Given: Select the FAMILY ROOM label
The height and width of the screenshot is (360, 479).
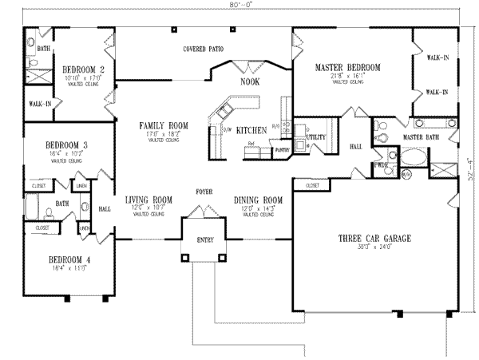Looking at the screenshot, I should tap(162, 126).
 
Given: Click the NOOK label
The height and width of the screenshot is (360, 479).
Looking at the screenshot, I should tap(249, 81).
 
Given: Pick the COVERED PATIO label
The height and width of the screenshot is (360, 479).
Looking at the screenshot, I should tap(203, 49).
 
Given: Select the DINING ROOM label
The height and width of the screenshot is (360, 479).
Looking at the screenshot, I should tap(258, 200).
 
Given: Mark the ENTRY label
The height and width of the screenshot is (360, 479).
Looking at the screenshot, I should tap(205, 239).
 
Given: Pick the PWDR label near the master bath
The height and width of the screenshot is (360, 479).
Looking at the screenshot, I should tap(381, 165).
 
